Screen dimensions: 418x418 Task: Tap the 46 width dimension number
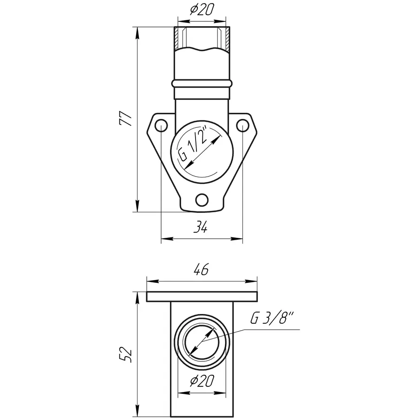point(201,269)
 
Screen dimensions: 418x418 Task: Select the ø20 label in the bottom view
point(202,381)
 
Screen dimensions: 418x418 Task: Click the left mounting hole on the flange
point(161,125)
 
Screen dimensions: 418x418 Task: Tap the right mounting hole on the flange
point(242,125)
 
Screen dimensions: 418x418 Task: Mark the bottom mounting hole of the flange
point(202,200)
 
